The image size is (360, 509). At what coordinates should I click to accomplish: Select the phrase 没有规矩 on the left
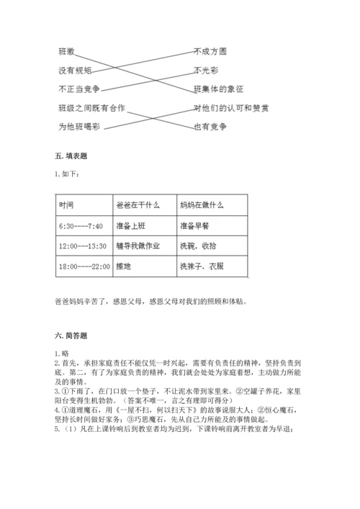tap(74, 71)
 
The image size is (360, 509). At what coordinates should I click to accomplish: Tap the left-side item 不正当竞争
tap(78, 89)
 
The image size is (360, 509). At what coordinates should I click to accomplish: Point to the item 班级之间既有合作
tap(91, 108)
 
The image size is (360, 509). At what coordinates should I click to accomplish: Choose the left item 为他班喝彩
tap(78, 126)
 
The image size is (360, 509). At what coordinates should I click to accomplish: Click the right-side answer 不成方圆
tap(211, 52)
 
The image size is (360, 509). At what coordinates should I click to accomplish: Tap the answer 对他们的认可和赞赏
tap(232, 108)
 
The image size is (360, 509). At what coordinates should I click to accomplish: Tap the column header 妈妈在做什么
tap(204, 205)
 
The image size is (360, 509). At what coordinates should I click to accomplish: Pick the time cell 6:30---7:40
tap(81, 225)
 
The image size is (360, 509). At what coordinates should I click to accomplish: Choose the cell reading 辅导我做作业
tap(138, 246)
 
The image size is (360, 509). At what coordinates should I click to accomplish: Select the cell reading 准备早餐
tap(194, 225)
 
